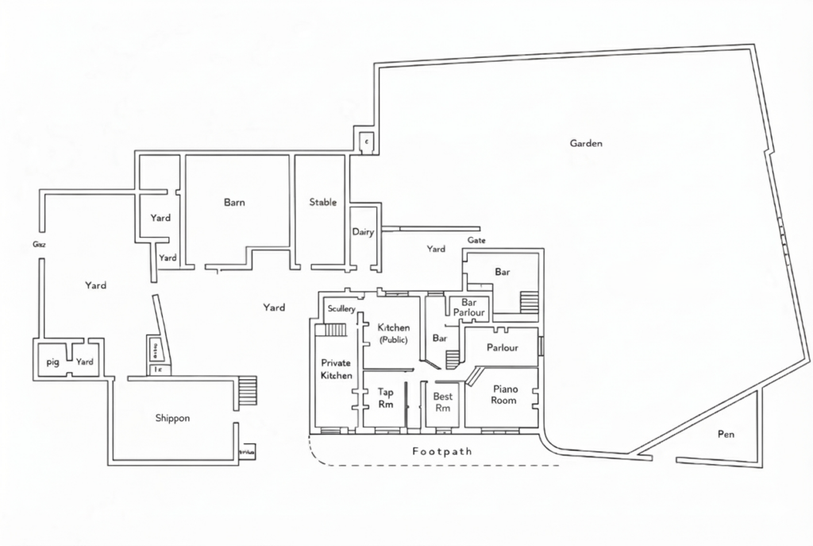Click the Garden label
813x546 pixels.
coord(586,144)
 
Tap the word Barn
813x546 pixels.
coord(234,203)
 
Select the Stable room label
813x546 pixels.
coord(322,203)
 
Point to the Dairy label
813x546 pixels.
coord(363,232)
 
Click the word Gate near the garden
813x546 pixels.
coord(476,240)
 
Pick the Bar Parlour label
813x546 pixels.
coord(468,308)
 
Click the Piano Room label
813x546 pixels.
coord(505,394)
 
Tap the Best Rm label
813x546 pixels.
coord(442,402)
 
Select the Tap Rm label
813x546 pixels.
coord(385,397)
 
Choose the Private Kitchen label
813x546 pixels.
coord(336,369)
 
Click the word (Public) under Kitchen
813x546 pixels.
coord(394,339)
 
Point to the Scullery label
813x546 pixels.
coord(341,309)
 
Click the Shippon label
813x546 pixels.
coord(172,418)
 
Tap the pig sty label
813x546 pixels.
coord(53,362)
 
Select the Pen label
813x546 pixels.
coord(726,435)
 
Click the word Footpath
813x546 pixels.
coord(442,451)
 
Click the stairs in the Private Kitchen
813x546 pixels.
coord(335,330)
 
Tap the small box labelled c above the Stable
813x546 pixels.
coord(366,142)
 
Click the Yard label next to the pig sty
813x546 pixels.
coord(85,362)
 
